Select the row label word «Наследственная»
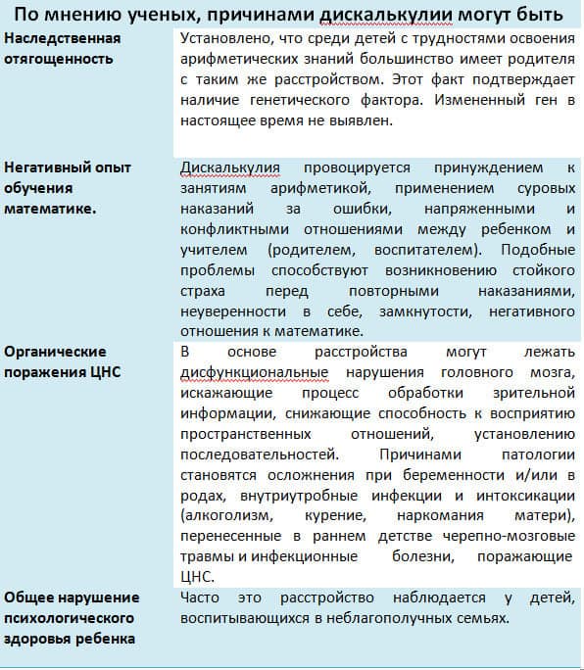pyautogui.click(x=63, y=38)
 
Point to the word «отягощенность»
pyautogui.click(x=58, y=59)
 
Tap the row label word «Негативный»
pyautogui.click(x=46, y=167)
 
